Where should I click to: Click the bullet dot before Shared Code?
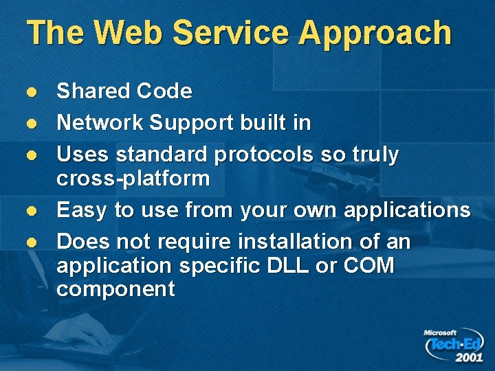30,92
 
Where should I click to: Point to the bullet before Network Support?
30,124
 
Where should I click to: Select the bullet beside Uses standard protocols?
30,155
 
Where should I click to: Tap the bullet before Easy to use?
30,210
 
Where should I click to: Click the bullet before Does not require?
30,242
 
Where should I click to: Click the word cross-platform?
133,179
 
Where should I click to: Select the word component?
115,289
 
